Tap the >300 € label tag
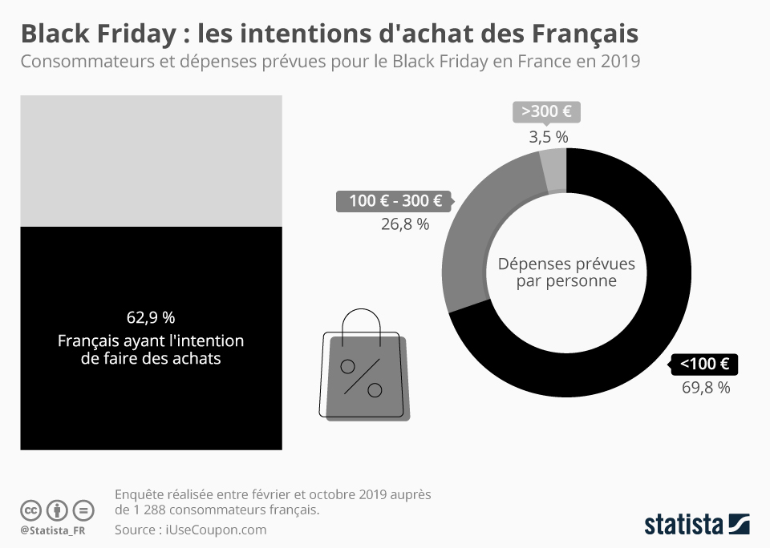pyautogui.click(x=545, y=112)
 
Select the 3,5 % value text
pyautogui.click(x=549, y=137)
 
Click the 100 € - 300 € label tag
pyautogui.click(x=395, y=201)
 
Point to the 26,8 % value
pyautogui.click(x=405, y=225)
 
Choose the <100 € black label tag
pyautogui.click(x=704, y=365)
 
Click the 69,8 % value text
pyautogui.click(x=706, y=389)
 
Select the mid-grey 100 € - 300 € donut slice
pyautogui.click(x=481, y=232)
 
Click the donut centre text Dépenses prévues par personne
pyautogui.click(x=566, y=272)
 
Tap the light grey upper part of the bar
pyautogui.click(x=151, y=160)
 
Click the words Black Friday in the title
pyautogui.click(x=95, y=34)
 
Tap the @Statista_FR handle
pyautogui.click(x=55, y=531)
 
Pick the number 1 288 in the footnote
pyautogui.click(x=144, y=510)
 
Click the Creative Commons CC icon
pyautogui.click(x=31, y=510)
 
